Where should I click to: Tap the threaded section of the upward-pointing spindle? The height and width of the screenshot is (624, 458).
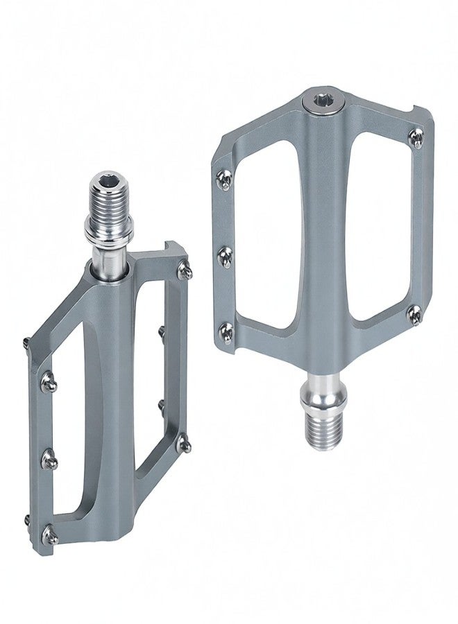(x=109, y=205)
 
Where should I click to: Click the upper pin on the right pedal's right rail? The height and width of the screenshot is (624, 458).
(x=415, y=139)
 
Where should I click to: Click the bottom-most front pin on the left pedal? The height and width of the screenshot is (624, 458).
(x=49, y=533)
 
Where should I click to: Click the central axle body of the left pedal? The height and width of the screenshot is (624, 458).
(x=104, y=388)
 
